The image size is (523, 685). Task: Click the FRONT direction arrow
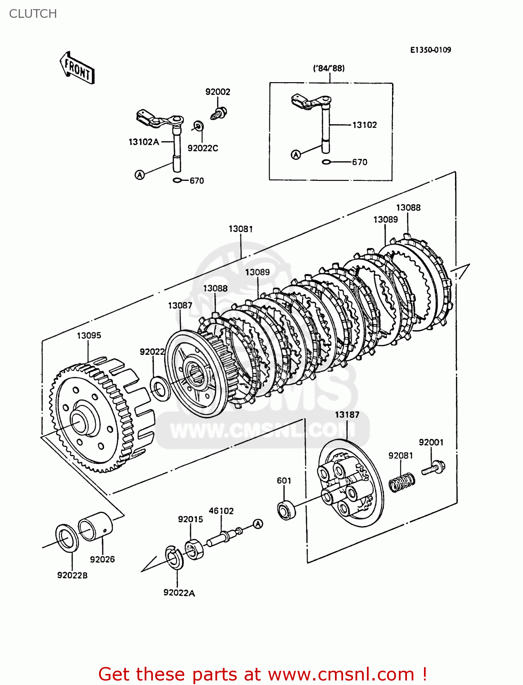[77, 68]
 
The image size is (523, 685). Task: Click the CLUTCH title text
[33, 14]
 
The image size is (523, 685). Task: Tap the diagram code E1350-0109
[430, 50]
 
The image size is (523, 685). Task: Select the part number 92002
[218, 92]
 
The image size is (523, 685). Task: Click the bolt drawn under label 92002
[220, 112]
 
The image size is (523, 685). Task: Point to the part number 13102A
[143, 142]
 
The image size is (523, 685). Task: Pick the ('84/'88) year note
[329, 68]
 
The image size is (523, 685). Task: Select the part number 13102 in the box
[364, 125]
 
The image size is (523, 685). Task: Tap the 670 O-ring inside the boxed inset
[326, 162]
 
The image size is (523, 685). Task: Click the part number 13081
[241, 229]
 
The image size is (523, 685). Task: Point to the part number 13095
[89, 336]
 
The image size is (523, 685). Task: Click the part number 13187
[347, 415]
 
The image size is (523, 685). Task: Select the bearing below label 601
[287, 510]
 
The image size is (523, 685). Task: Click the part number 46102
[221, 511]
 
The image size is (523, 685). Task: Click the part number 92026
[102, 559]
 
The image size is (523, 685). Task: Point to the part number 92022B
[72, 575]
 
